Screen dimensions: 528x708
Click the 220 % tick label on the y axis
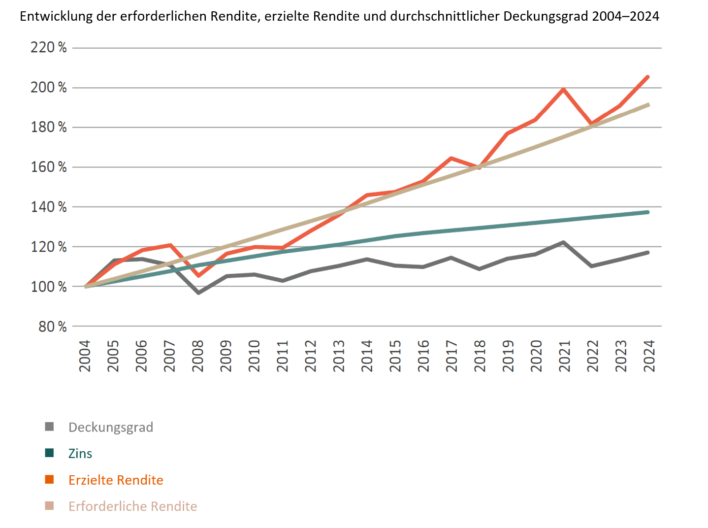pos(48,48)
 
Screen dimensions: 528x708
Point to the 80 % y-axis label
pos(52,327)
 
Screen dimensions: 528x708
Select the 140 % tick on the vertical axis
pos(48,207)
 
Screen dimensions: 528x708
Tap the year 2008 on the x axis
pos(197,356)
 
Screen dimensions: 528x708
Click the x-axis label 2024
pos(649,356)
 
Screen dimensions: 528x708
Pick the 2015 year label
pos(395,356)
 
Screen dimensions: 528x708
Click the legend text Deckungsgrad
pos(111,427)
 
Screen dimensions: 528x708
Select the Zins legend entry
pos(80,454)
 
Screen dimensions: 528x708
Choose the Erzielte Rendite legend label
pos(116,480)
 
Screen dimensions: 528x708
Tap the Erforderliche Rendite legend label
pos(132,506)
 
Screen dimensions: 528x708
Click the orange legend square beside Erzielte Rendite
pos(49,480)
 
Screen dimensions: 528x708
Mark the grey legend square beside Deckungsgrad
pos(49,427)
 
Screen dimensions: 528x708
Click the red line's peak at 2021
pos(563,89)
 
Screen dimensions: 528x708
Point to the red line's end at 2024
pos(648,77)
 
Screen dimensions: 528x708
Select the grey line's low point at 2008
pos(198,293)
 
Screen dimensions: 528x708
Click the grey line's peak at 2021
pos(563,242)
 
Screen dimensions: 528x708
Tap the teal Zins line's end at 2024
pos(648,212)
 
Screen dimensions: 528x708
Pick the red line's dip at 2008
pos(198,276)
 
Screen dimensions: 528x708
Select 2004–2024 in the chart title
pos(625,16)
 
